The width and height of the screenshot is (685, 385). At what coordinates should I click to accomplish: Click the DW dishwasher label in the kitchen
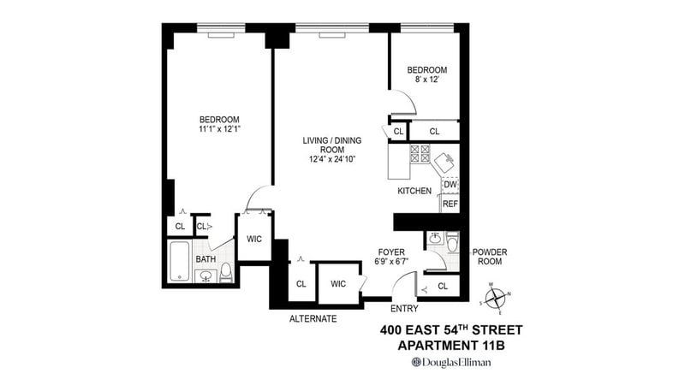pos(450,185)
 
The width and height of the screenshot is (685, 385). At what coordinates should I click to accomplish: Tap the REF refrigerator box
pos(450,204)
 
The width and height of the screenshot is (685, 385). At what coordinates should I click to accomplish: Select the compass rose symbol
pos(496,299)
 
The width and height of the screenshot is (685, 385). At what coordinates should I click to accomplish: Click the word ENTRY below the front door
pos(404,309)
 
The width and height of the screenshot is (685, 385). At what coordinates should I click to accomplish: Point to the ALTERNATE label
pos(313,318)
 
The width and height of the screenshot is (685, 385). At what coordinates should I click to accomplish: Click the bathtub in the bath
pos(179,261)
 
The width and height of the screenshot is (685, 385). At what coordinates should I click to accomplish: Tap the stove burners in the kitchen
pos(420,154)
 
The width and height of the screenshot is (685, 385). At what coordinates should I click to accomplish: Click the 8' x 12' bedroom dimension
pos(426,80)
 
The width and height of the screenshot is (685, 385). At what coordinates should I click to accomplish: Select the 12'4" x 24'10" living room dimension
pos(332,159)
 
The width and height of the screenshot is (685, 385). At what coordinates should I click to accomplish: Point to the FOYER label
pos(391,252)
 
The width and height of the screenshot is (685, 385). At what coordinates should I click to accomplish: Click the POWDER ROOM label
pos(490,257)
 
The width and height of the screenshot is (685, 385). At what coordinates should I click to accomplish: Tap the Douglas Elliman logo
pos(451,362)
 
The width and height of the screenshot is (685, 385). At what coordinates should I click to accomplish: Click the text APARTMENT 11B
pos(451,346)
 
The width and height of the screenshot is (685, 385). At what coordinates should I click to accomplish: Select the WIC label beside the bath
pos(254,239)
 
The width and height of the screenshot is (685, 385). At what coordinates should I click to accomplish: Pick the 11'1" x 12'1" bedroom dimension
pos(220,129)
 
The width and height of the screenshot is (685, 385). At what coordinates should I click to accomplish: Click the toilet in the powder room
pos(453,242)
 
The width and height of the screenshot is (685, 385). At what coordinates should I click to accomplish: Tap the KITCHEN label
pos(414,191)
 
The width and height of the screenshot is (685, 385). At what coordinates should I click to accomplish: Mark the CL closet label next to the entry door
pos(443,287)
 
